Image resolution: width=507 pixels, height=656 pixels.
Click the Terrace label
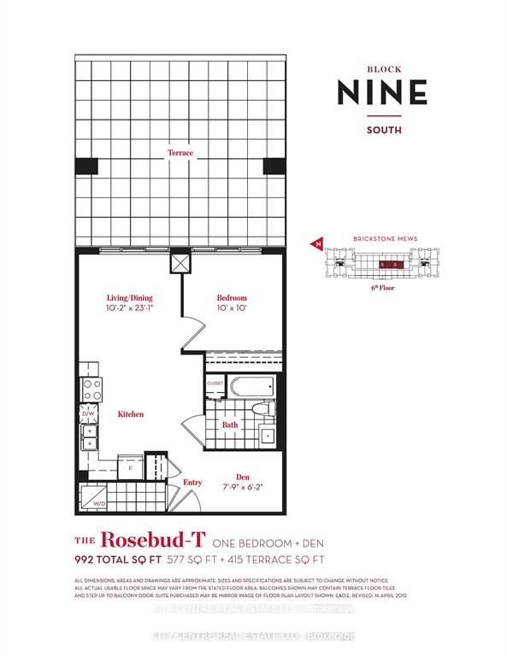coord(180,153)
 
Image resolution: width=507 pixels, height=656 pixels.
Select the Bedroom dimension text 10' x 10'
coord(231,307)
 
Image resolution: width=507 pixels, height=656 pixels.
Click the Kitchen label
coord(131,413)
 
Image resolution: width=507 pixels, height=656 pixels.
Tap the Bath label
coord(231,424)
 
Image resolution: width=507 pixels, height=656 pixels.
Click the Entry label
coord(192,483)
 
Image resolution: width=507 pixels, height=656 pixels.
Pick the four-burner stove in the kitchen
coord(91,389)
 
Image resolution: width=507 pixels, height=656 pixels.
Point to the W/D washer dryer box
coord(94,497)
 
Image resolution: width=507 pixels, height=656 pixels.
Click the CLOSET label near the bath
coord(215,383)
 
